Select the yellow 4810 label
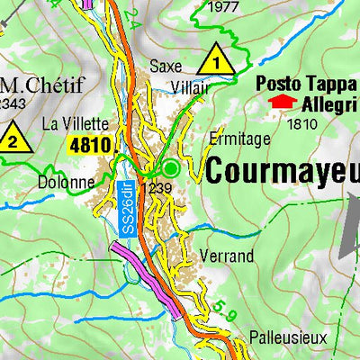click(91, 144)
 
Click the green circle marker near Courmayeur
click(170, 167)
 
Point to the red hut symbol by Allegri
click(281, 102)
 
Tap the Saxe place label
click(166, 66)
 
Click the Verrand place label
click(228, 256)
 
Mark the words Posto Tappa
click(306, 83)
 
